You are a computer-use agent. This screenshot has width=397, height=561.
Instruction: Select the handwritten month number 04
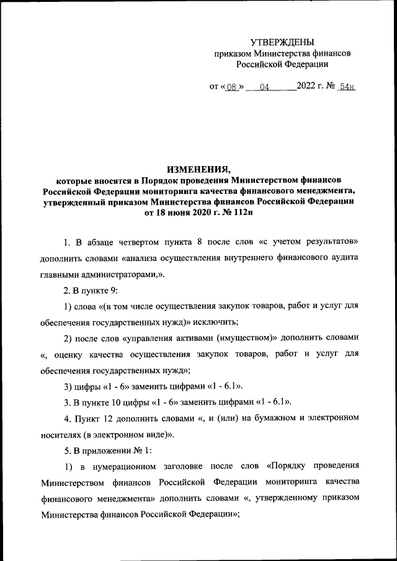coord(264,87)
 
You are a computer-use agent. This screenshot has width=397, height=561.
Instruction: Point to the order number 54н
coord(346,87)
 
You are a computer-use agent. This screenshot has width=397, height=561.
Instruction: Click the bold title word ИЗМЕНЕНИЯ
coord(198,169)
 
